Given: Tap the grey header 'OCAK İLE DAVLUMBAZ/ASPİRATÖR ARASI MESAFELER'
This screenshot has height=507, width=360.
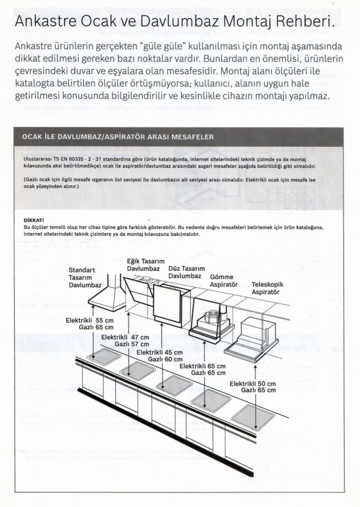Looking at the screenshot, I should (x=118, y=137).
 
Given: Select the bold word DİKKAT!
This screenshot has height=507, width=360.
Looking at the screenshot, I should (x=34, y=219).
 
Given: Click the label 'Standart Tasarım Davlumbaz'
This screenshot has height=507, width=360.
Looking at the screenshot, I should (x=85, y=278).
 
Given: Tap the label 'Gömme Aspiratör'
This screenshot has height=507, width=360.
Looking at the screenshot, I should (x=224, y=280).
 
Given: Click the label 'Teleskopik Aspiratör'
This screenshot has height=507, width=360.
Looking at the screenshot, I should (x=266, y=288).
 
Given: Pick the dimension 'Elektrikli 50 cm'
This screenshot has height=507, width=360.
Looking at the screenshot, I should (x=252, y=383).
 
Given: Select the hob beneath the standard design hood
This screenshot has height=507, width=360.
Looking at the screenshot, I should (x=104, y=357).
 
